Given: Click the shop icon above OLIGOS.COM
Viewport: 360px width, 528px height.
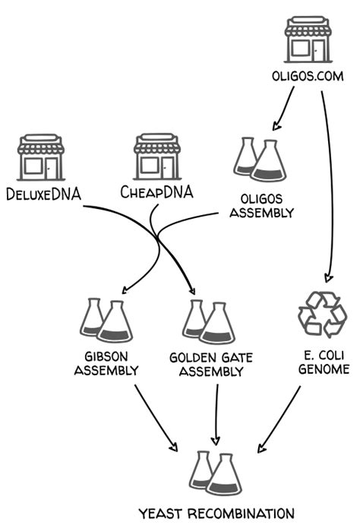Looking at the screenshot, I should coord(308,40).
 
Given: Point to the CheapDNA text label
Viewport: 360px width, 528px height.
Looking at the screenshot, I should coord(156,192).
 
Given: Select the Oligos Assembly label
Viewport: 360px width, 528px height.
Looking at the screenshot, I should coord(261,205).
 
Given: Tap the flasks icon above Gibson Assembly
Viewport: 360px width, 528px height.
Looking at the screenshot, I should coord(106,320).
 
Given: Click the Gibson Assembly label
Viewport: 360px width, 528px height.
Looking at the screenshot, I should coord(111,363).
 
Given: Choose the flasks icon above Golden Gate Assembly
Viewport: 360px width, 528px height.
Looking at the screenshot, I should coord(207,321).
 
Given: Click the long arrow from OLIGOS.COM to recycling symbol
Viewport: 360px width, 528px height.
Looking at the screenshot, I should coord(330,190).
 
